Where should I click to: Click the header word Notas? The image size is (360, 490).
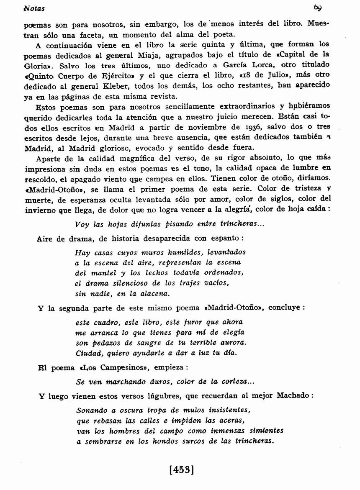pos(34,8)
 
